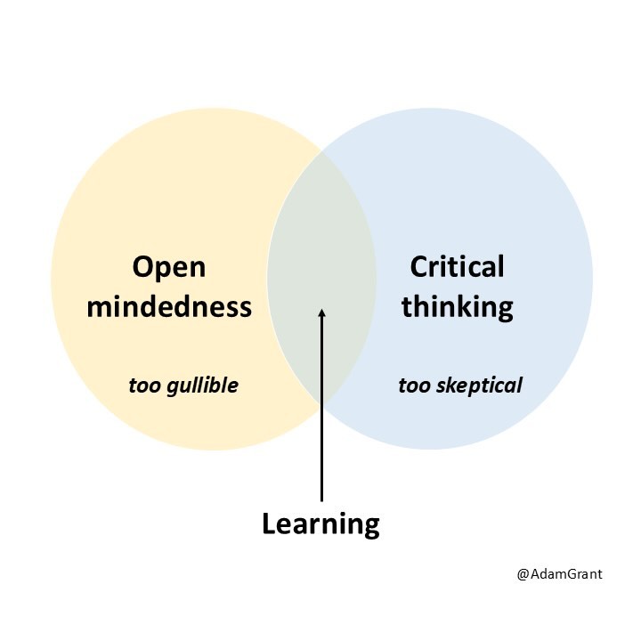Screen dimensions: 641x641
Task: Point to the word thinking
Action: click(x=457, y=307)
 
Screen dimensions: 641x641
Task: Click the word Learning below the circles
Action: click(x=320, y=523)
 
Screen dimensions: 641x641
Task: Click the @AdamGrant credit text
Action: click(x=559, y=574)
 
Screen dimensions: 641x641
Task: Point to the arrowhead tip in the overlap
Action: click(x=321, y=309)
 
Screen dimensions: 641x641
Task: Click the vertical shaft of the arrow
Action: click(x=321, y=410)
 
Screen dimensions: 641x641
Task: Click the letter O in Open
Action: click(x=143, y=267)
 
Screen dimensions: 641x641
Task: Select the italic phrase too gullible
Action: click(x=183, y=386)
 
